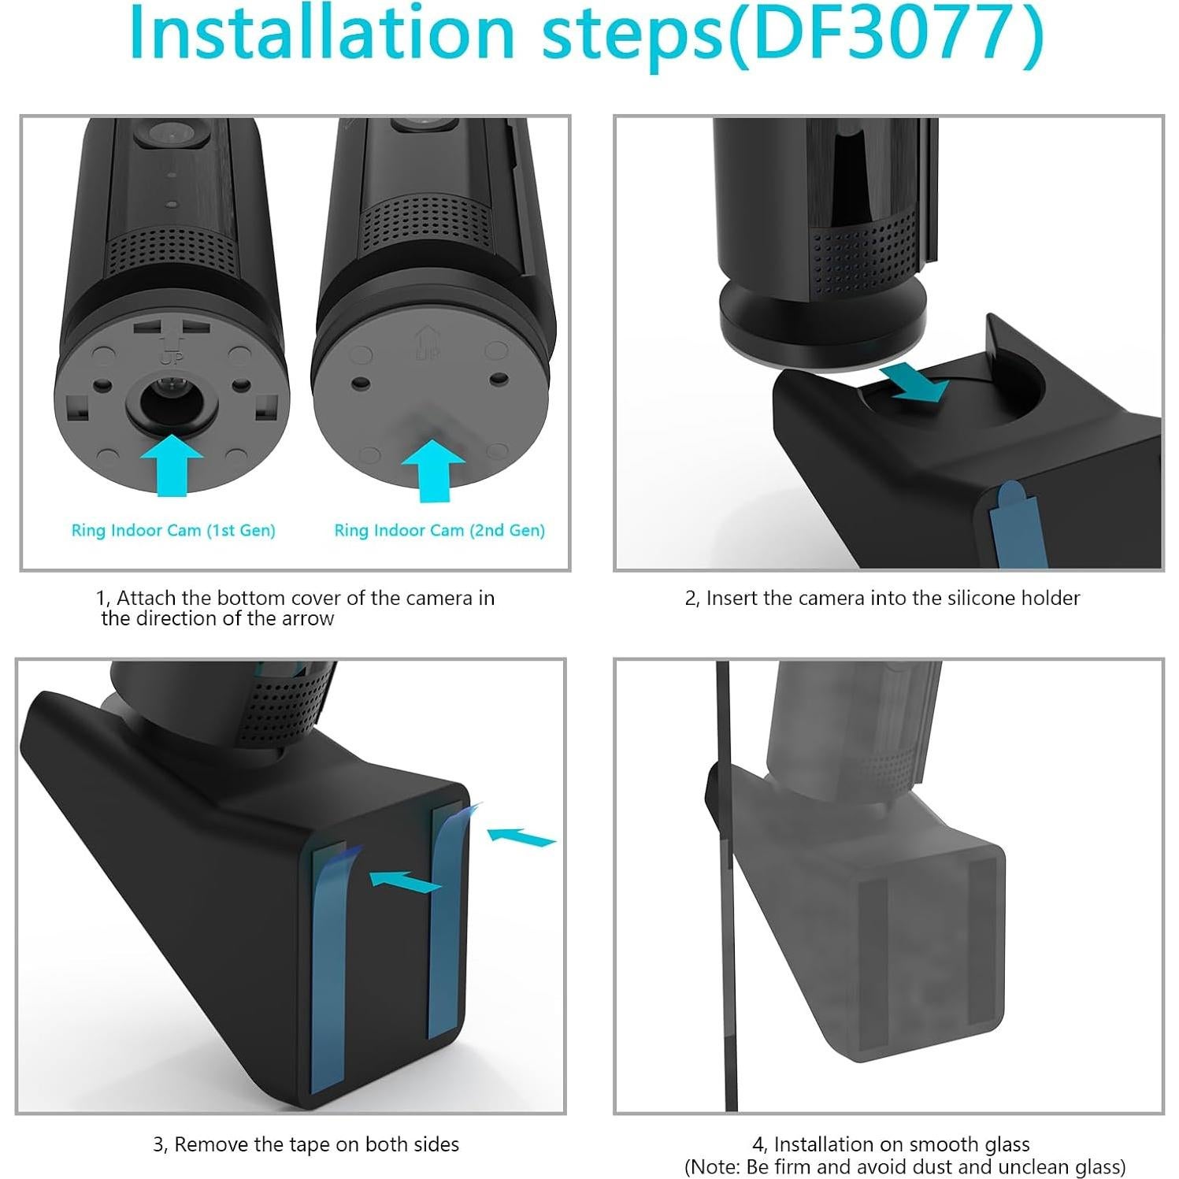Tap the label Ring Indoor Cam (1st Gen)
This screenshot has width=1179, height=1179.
pos(173,530)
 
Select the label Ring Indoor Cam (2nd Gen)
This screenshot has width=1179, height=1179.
pos(439,530)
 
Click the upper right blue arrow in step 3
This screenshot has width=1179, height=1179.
pos(521,836)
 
